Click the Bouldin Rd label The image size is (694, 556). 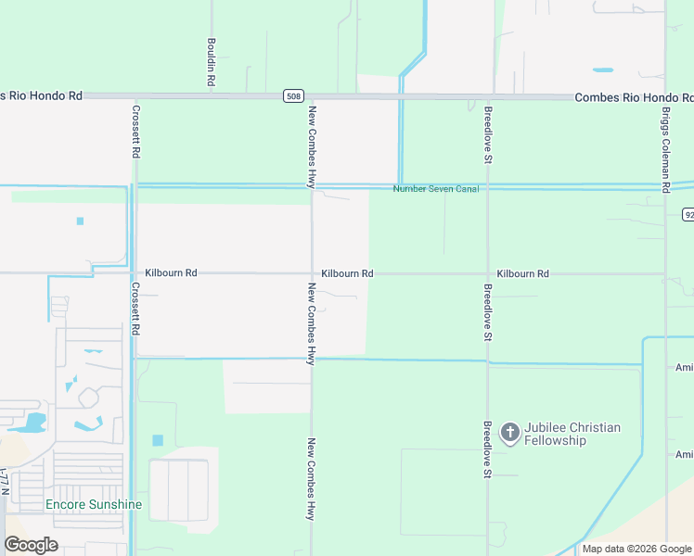pyautogui.click(x=212, y=64)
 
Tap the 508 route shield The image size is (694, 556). pyautogui.click(x=293, y=96)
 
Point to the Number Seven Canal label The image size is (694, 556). pyautogui.click(x=435, y=189)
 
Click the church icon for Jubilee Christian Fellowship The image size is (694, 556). pyautogui.click(x=509, y=433)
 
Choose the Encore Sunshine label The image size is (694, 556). pyautogui.click(x=94, y=504)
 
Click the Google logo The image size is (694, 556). pyautogui.click(x=31, y=545)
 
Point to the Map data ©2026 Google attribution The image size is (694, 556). pyautogui.click(x=636, y=549)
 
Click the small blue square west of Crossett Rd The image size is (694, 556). pyautogui.click(x=80, y=221)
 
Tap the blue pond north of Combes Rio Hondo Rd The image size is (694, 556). pyautogui.click(x=603, y=70)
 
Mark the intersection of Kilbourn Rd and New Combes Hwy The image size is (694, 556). pyautogui.click(x=312, y=273)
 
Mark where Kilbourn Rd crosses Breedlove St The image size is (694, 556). pyautogui.click(x=488, y=273)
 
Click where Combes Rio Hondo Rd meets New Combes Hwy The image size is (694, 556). pyautogui.click(x=312, y=96)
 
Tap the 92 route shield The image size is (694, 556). pyautogui.click(x=688, y=215)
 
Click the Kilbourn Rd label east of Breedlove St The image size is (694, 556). pyautogui.click(x=522, y=273)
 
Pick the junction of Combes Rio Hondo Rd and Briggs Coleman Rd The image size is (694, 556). pyautogui.click(x=666, y=96)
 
